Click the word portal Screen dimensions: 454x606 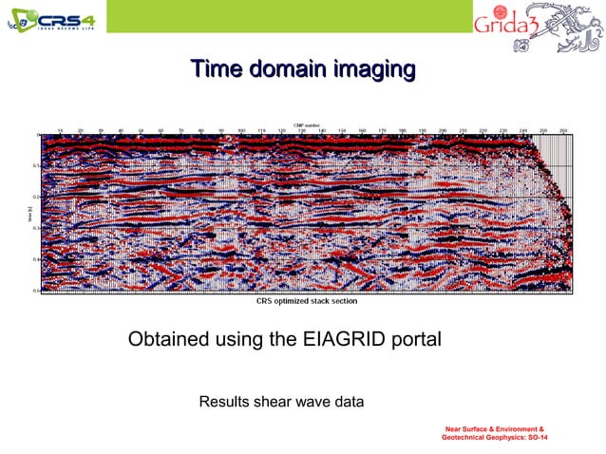(415, 339)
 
